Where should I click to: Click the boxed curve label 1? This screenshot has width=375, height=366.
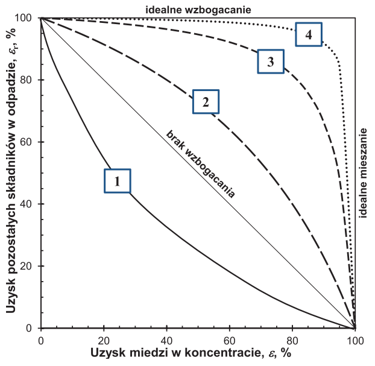(x=118, y=180)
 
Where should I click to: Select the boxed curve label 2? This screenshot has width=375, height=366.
(x=206, y=101)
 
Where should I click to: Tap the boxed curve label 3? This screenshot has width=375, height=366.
(x=270, y=61)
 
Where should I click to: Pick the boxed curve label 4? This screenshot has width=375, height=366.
(x=309, y=35)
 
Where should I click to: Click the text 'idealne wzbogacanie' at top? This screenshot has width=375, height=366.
(x=198, y=9)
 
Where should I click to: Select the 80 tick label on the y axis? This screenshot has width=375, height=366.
(x=27, y=80)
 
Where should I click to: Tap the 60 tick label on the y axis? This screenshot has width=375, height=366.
(x=27, y=142)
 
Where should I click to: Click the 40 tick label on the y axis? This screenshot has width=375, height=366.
(x=27, y=204)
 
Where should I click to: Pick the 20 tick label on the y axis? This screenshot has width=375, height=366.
(x=27, y=267)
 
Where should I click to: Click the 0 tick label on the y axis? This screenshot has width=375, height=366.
(x=30, y=329)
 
